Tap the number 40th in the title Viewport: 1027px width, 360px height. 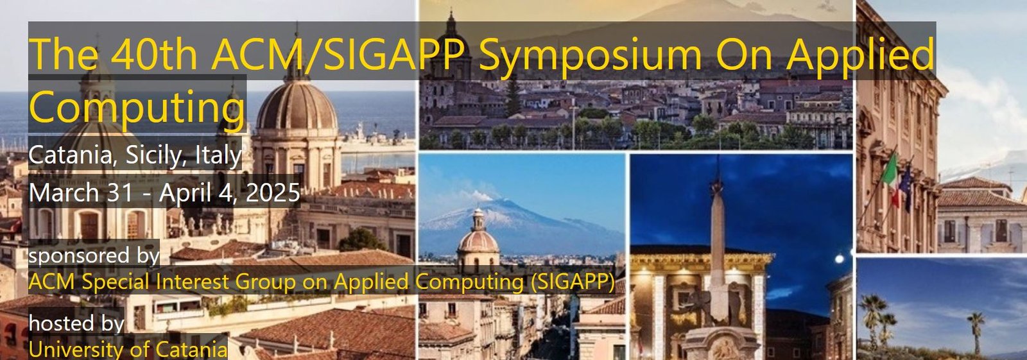click(153, 54)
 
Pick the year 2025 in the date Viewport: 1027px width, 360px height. click(273, 193)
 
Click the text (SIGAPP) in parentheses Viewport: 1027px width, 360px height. click(572, 282)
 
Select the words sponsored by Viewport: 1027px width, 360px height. click(94, 255)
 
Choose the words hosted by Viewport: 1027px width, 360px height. click(76, 323)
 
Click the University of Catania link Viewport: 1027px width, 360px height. click(128, 350)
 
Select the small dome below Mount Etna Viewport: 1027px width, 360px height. click(478, 239)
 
